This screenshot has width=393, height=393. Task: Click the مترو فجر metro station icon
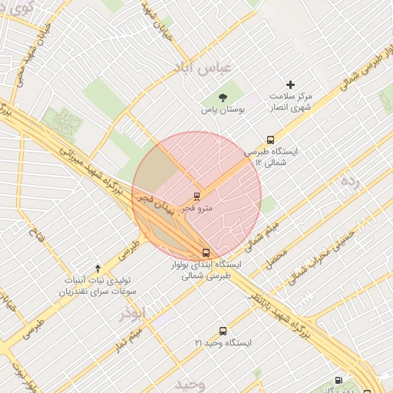point(197,196)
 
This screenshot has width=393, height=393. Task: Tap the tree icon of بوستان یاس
point(223,97)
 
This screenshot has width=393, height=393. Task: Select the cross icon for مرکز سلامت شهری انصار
point(290,84)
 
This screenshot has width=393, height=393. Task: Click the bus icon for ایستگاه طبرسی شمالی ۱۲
point(270,140)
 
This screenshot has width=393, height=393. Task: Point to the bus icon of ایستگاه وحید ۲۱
point(223,331)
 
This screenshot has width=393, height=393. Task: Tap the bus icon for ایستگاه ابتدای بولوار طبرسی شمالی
point(205,252)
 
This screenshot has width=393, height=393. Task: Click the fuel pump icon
point(339,380)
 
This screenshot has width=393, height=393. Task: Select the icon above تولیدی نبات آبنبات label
point(97,269)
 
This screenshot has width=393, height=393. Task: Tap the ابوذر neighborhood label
point(132,313)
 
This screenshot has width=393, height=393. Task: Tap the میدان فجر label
point(154,203)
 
